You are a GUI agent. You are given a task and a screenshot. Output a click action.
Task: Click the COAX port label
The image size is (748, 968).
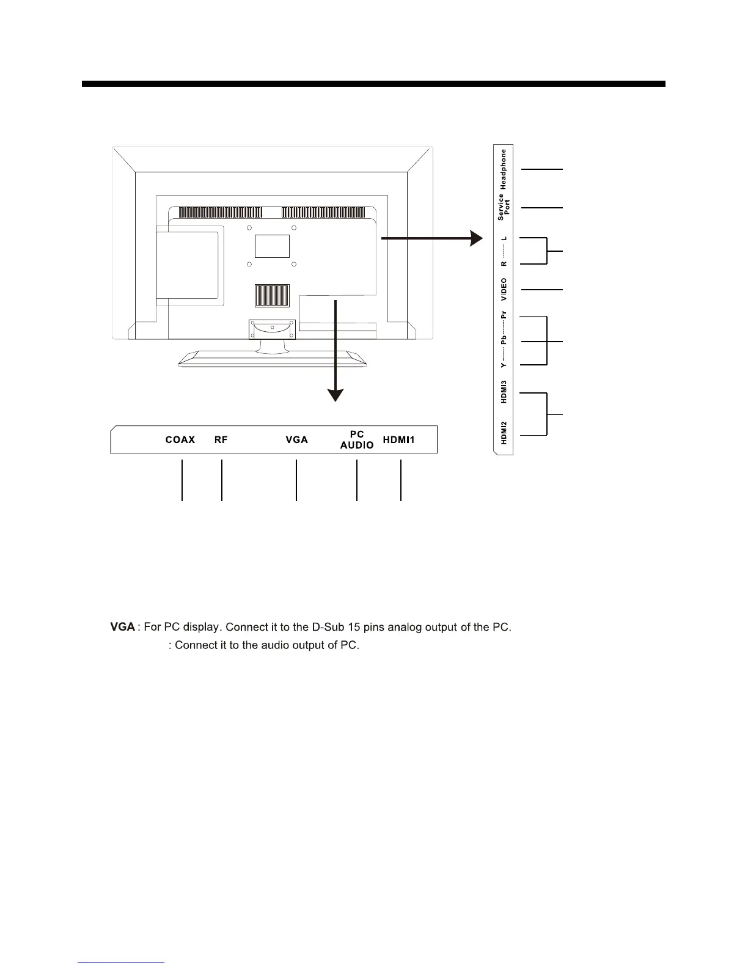180,440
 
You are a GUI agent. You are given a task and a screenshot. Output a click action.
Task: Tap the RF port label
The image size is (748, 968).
221,440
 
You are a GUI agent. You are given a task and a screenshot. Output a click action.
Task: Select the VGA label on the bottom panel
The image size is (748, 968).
297,440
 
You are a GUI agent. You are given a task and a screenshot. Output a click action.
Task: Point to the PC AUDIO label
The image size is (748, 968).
357,440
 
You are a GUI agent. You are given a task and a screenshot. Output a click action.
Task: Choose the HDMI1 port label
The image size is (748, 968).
399,440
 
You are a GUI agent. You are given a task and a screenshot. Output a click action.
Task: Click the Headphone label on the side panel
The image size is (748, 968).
504,169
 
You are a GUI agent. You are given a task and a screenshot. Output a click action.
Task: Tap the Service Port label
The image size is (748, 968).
504,207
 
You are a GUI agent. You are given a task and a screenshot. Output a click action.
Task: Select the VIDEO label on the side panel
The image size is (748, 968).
504,289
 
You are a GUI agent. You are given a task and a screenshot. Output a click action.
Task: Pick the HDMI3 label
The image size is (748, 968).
504,392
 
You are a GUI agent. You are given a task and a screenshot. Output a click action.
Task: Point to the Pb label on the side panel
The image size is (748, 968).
504,340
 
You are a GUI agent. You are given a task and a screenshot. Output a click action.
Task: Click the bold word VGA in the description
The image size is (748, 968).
122,627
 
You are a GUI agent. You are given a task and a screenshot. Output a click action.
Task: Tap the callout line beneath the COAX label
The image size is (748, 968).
182,480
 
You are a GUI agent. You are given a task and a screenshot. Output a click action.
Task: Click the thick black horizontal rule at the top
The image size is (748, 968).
373,84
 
